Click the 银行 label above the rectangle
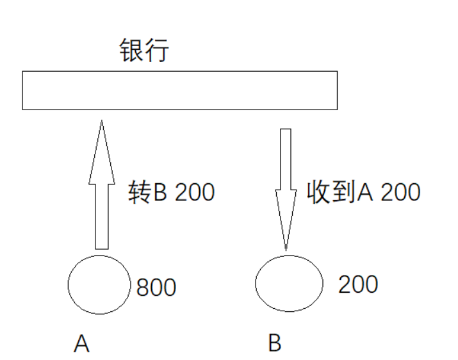click(144, 51)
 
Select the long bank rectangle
click(179, 90)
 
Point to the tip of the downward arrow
click(286, 246)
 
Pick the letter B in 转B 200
click(160, 192)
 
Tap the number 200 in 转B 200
click(193, 192)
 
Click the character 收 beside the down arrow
click(319, 192)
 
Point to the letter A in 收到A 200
click(363, 192)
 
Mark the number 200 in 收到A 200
click(399, 192)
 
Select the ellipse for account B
click(288, 283)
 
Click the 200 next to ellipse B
click(358, 284)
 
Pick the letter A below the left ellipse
click(81, 345)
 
